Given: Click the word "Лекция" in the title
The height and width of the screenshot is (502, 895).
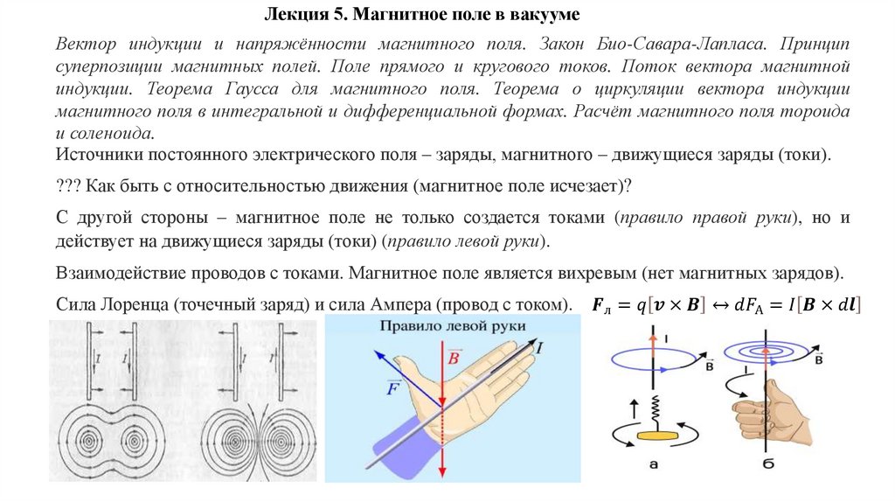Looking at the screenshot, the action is (293, 16).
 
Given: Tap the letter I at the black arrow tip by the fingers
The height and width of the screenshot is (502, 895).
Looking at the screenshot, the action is (538, 348).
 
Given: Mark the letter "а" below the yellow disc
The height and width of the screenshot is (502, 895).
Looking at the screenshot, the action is (653, 464).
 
